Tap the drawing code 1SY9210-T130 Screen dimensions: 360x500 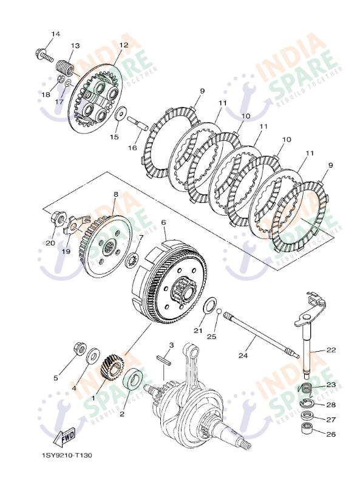tap(67, 455)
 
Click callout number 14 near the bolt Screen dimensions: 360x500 tap(55, 34)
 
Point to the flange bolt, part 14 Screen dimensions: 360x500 tap(44, 55)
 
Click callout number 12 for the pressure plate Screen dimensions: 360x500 tap(123, 46)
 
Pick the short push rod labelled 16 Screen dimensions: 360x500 tap(138, 123)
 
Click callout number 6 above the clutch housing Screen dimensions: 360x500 tap(164, 222)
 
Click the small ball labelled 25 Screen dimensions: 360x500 tap(219, 311)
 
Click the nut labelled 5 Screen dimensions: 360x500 tap(80, 348)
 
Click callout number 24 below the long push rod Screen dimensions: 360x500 tap(243, 355)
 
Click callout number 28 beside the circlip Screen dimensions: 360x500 tap(331, 405)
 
